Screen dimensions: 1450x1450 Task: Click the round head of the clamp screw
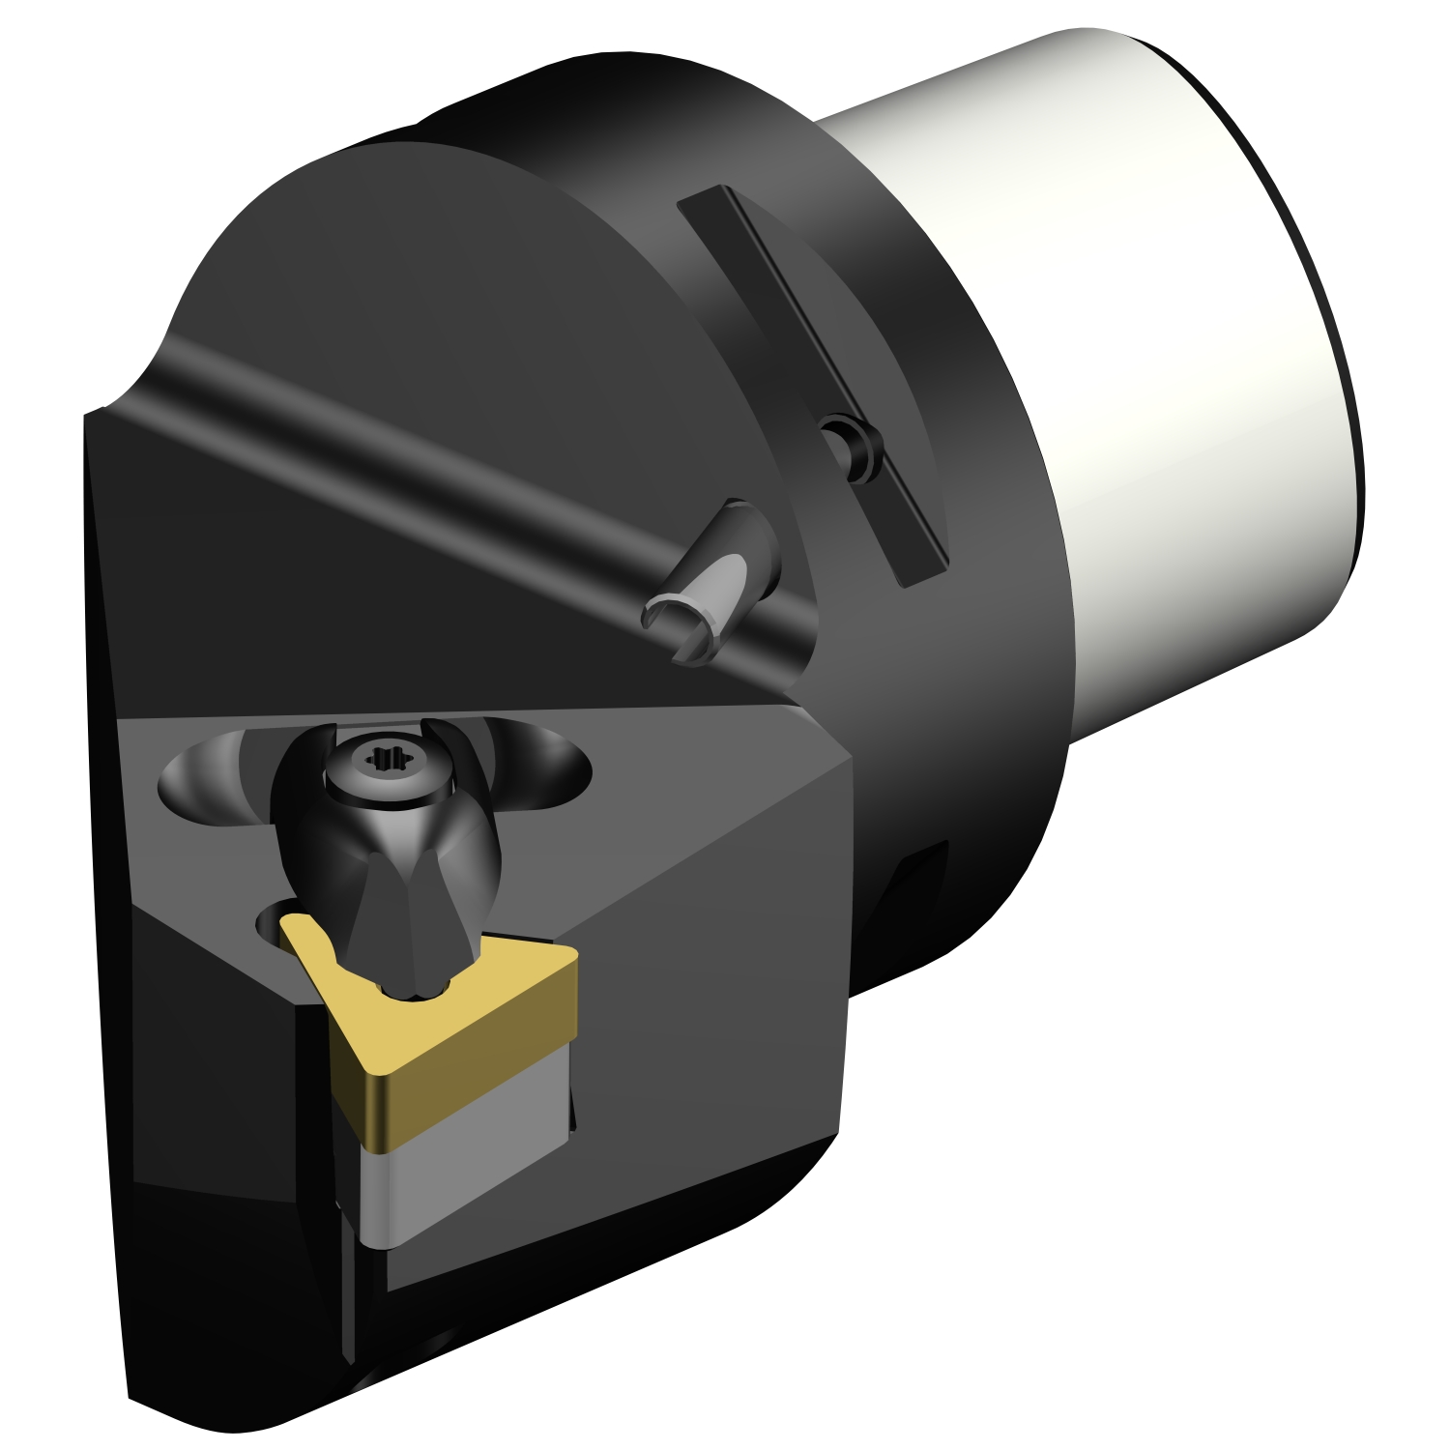(381, 764)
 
